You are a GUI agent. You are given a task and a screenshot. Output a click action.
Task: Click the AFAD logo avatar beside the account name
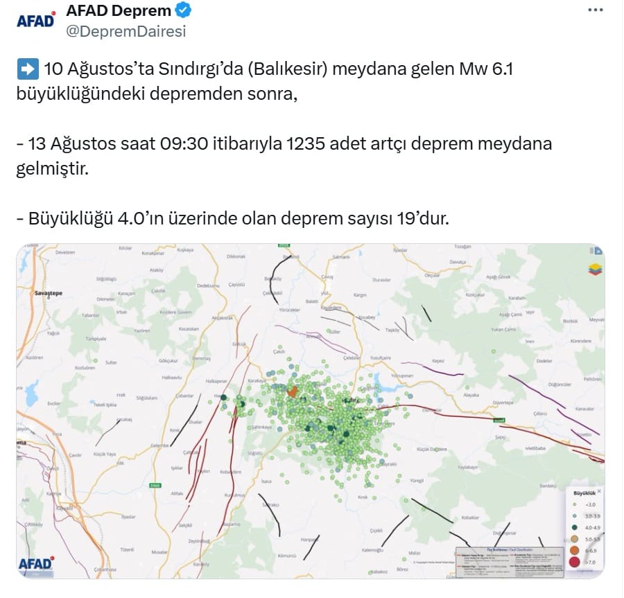(35, 21)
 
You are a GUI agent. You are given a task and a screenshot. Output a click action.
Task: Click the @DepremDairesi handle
(125, 31)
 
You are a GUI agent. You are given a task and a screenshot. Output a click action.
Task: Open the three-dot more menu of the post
(595, 10)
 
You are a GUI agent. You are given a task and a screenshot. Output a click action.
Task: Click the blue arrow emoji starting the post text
(27, 69)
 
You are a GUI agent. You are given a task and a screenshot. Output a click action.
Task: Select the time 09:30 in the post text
(182, 144)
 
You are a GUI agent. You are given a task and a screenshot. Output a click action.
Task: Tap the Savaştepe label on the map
(49, 294)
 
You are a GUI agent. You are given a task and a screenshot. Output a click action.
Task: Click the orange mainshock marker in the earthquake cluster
(293, 392)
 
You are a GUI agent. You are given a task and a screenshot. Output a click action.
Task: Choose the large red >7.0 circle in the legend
(573, 563)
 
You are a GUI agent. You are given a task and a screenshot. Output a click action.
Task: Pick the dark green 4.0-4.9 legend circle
(573, 527)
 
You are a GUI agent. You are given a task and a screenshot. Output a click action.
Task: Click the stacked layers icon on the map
(595, 269)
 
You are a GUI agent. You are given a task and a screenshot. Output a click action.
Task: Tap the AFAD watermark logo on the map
(35, 563)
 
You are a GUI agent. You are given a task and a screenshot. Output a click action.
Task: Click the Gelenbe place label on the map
(160, 445)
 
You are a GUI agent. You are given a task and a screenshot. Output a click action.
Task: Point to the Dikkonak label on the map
(236, 256)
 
